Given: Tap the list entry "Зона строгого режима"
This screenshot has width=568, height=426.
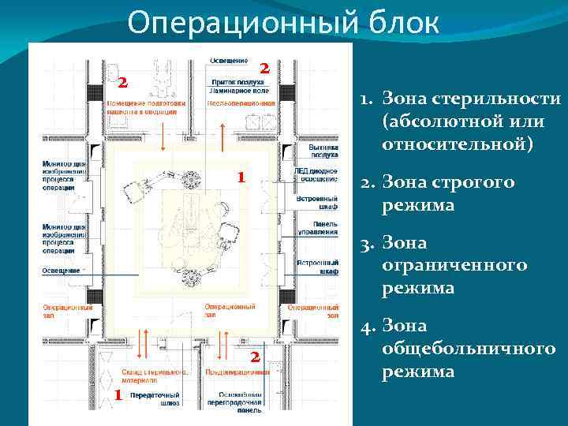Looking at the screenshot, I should [448, 193].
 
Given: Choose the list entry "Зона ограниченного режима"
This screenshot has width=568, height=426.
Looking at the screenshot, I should [454, 265].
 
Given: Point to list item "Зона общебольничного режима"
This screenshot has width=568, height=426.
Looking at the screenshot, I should [468, 348].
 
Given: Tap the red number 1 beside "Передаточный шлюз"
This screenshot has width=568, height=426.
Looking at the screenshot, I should [117, 394].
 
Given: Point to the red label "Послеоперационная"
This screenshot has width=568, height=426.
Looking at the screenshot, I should [241, 103].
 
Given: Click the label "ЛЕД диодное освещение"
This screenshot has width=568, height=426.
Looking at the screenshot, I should [316, 174].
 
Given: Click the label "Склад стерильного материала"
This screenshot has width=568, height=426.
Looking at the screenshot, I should [154, 375].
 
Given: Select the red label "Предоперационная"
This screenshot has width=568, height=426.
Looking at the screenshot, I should [237, 372].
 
